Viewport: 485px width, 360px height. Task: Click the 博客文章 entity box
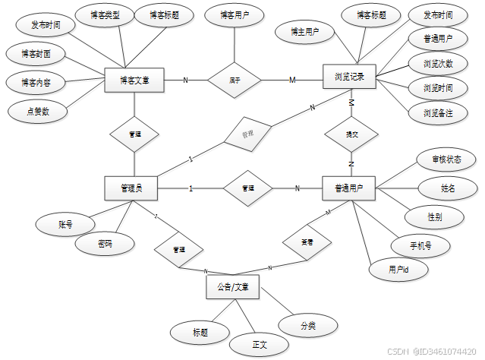coord(134,79)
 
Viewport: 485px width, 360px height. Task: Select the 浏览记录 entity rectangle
coord(350,77)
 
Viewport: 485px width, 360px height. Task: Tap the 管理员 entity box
coord(134,188)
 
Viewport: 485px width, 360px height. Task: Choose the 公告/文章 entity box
coord(232,287)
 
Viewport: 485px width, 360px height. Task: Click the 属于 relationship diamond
coord(235,79)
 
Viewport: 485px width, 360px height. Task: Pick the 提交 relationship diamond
coord(350,134)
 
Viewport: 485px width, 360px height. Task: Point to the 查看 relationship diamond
coord(306,243)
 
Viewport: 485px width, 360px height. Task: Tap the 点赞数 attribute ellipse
coord(38,111)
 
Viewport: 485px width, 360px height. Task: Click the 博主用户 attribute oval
coord(304,32)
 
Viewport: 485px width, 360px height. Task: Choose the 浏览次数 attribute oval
coord(436,63)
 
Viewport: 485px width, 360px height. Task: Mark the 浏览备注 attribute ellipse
coord(436,113)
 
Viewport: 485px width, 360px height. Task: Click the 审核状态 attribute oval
coord(447,159)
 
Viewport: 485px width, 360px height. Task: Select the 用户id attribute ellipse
coord(398,270)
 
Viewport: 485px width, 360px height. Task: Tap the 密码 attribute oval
coord(106,245)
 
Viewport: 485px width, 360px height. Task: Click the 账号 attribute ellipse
coord(65,225)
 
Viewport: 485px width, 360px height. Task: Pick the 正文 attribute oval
coord(260,345)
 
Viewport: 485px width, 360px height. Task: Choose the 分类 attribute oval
coord(307,325)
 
